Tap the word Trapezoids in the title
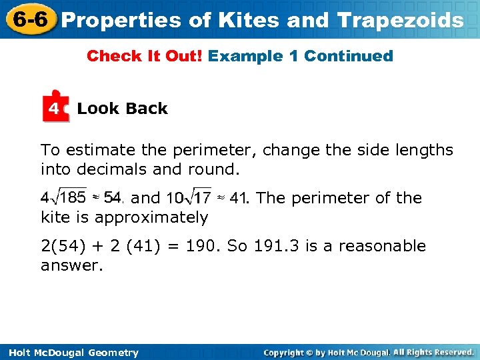(401, 20)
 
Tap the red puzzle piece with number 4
(55, 107)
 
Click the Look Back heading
(122, 109)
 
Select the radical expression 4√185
(63, 198)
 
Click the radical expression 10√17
(189, 198)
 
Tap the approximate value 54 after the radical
(113, 198)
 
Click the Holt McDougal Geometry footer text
(70, 353)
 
